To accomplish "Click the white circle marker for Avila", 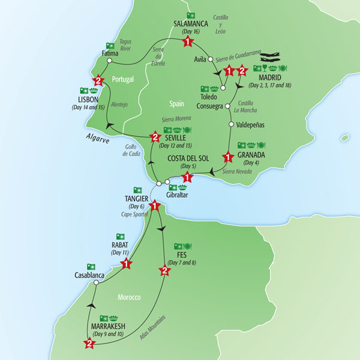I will pyautogui.click(x=211, y=59).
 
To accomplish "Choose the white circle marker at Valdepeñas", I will pyautogui.click(x=230, y=126).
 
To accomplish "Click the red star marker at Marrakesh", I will pyautogui.click(x=89, y=344).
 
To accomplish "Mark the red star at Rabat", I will pyautogui.click(x=127, y=262).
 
